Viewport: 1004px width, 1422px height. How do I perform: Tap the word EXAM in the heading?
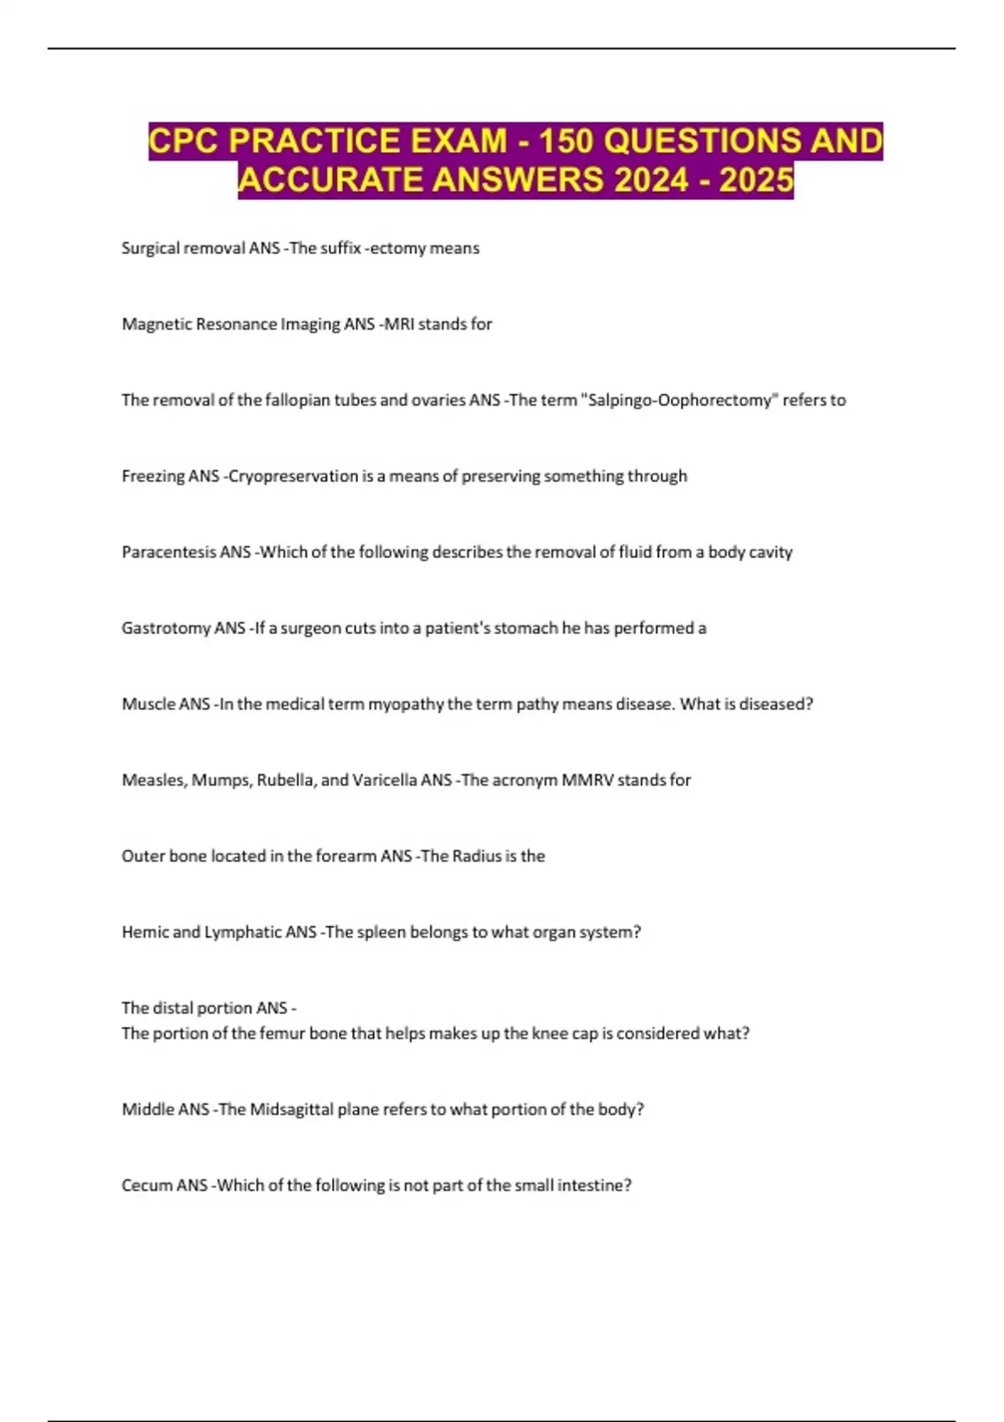click(458, 141)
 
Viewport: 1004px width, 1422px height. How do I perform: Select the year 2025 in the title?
click(756, 180)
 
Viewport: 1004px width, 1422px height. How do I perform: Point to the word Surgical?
click(150, 248)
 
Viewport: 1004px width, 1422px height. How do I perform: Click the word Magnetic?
click(156, 324)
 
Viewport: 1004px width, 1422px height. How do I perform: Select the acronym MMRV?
click(587, 780)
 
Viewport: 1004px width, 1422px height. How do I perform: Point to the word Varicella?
click(385, 780)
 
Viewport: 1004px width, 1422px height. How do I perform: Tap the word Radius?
click(476, 856)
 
